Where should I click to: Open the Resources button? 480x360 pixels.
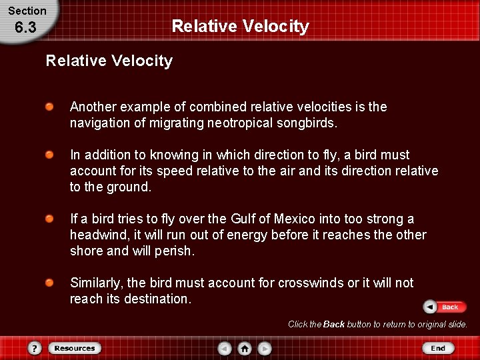74,348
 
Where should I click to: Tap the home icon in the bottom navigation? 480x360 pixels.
245,348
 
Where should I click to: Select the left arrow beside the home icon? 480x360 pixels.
225,348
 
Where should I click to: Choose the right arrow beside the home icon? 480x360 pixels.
265,348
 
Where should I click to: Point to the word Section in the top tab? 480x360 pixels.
27,11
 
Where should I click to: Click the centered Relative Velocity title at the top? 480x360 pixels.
240,26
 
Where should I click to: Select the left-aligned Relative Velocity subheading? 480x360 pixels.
109,61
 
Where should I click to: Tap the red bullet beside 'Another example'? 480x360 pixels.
50,107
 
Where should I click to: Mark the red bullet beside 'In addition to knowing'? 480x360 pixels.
50,155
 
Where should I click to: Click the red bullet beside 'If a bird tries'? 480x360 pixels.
50,219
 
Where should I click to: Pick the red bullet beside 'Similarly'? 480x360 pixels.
50,283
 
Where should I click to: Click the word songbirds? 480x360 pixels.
307,123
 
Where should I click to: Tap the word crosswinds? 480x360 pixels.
310,283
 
